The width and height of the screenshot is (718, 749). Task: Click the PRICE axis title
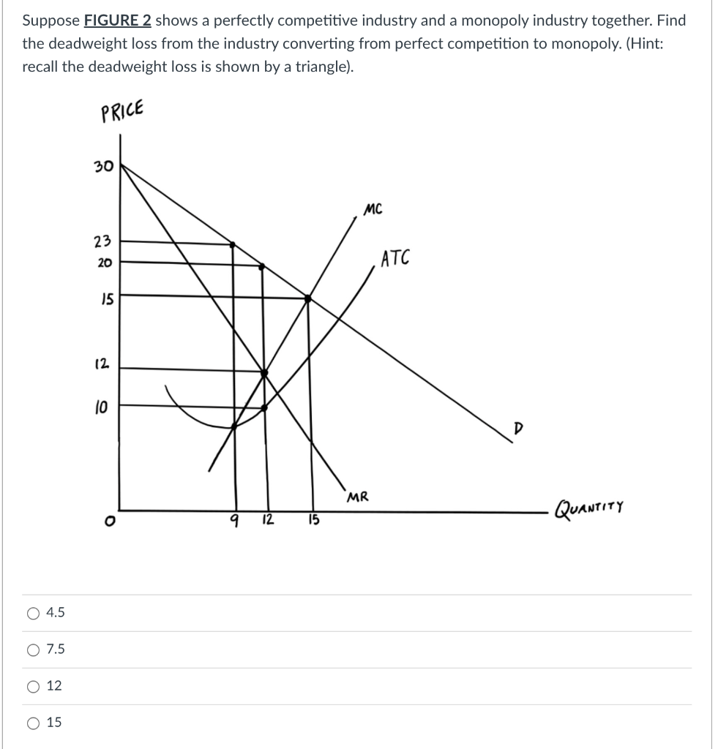122,112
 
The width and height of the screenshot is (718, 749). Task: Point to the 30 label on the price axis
102,167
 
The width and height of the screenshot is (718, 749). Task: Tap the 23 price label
102,241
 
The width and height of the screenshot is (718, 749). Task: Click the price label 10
101,407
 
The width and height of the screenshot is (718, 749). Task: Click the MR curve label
358,497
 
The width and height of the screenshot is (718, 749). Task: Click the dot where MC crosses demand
307,298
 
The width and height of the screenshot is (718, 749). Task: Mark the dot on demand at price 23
233,244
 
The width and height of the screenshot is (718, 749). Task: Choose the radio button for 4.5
34,613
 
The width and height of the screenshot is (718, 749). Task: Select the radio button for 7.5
34,650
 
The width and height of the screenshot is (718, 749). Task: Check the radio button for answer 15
34,723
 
